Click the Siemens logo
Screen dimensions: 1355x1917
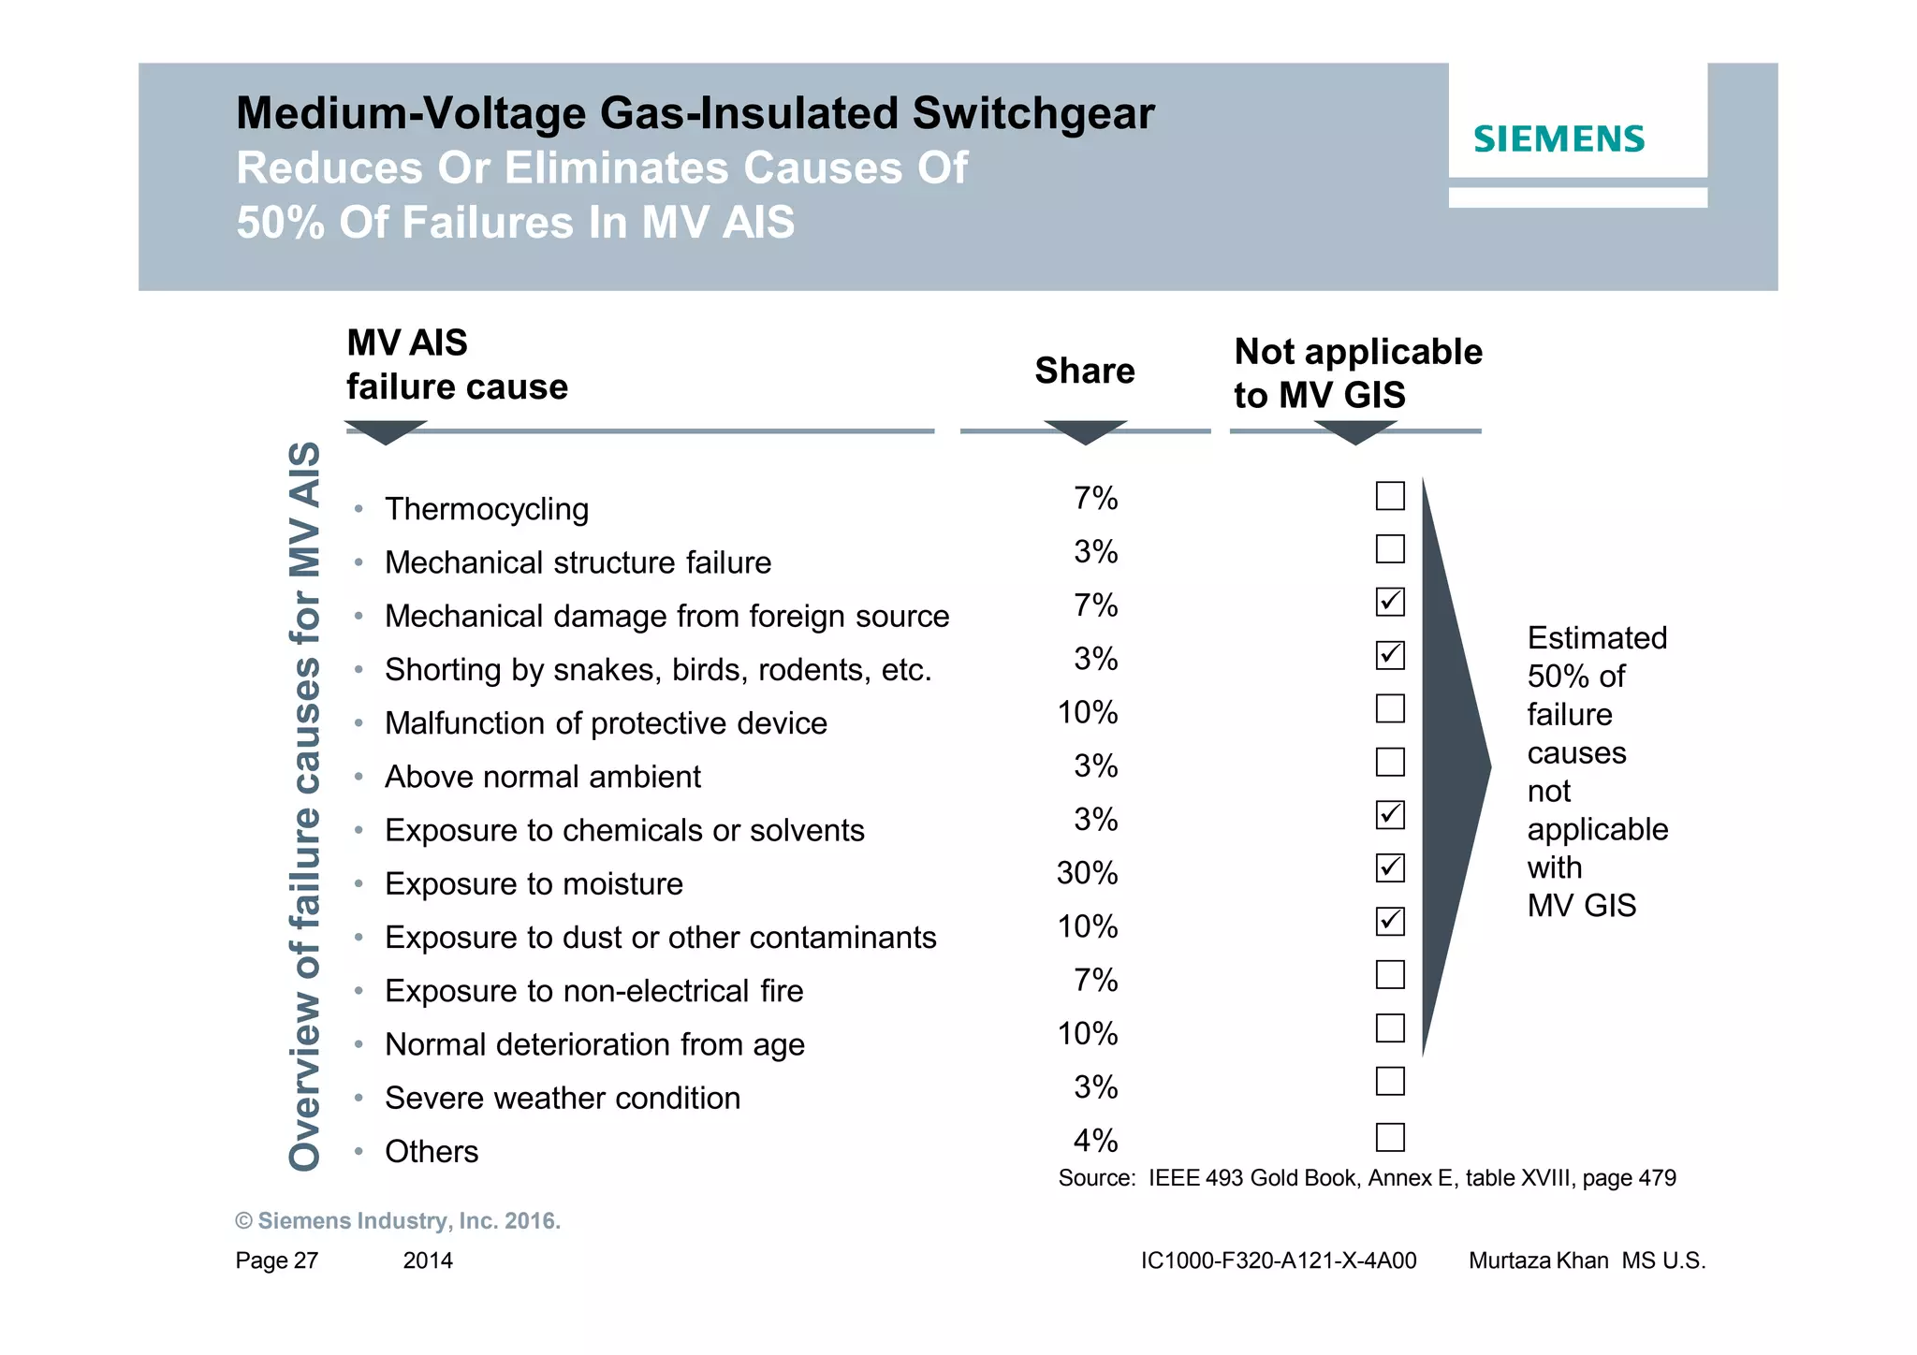(x=1558, y=139)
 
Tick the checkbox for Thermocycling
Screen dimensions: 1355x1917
(x=1390, y=496)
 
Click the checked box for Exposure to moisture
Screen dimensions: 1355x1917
(x=1390, y=868)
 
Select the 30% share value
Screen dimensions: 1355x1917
(x=1087, y=873)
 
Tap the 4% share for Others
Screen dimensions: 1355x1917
(x=1095, y=1141)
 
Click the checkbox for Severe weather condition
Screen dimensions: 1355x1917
(x=1390, y=1082)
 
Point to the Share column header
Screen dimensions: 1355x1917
(x=1084, y=372)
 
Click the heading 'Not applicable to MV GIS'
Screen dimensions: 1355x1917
(x=1357, y=373)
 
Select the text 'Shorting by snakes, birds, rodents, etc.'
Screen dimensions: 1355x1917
(x=658, y=670)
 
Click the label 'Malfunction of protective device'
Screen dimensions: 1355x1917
(x=606, y=723)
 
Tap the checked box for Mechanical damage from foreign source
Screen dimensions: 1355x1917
(x=1390, y=602)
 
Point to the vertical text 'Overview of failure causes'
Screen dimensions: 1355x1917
(x=305, y=805)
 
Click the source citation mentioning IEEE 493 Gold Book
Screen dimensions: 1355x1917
(x=1367, y=1178)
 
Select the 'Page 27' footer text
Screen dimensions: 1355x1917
(x=276, y=1260)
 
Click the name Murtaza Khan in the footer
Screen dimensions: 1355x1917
(x=1538, y=1260)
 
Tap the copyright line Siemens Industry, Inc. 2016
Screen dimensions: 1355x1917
(x=398, y=1221)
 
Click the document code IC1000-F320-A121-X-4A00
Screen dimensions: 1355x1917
(x=1278, y=1260)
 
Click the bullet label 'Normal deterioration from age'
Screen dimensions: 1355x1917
(x=594, y=1044)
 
